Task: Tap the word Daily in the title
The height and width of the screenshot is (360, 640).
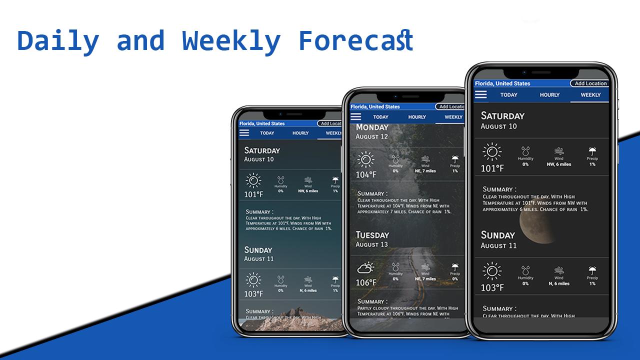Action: (x=58, y=41)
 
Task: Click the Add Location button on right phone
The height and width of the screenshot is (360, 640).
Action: (x=590, y=83)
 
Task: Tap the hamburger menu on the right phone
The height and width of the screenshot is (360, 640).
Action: (x=480, y=94)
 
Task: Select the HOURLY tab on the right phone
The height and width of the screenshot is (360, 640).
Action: (x=549, y=95)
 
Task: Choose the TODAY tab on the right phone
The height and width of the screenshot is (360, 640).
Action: (x=509, y=95)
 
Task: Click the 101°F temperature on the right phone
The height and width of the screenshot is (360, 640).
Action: (x=492, y=168)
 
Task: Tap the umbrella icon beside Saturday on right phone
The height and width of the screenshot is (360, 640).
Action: (x=592, y=151)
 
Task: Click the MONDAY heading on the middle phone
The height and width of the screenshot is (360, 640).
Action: (x=372, y=127)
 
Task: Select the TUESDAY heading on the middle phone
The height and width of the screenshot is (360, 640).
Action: (x=372, y=235)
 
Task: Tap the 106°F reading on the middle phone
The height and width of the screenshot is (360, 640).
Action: (x=366, y=282)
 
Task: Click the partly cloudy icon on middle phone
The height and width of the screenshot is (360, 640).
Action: (x=365, y=268)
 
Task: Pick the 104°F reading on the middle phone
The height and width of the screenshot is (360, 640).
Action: (x=366, y=174)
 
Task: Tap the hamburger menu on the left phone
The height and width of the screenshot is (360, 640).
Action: (x=244, y=133)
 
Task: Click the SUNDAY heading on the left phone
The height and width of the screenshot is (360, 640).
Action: (x=258, y=250)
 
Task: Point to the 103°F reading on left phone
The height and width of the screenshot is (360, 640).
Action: (x=253, y=293)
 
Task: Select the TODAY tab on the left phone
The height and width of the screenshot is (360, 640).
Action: (x=267, y=133)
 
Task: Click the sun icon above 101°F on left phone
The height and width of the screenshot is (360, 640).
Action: (x=253, y=180)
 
